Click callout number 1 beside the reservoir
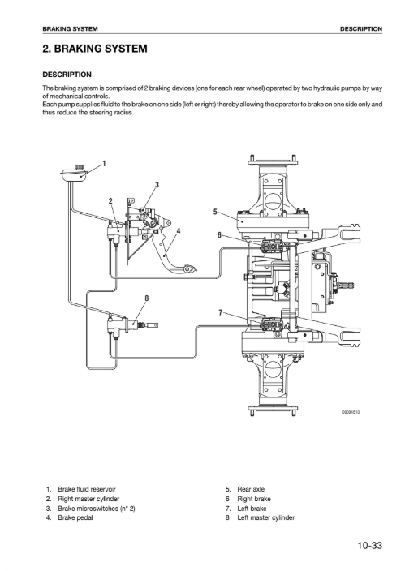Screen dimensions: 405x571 pyautogui.click(x=104, y=164)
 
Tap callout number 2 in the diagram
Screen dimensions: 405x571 pyautogui.click(x=110, y=201)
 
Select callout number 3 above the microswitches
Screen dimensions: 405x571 pyautogui.click(x=157, y=185)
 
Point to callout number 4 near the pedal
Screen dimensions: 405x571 pyautogui.click(x=179, y=231)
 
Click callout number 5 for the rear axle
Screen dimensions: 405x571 pyautogui.click(x=215, y=212)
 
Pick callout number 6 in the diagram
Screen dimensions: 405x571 pyautogui.click(x=219, y=235)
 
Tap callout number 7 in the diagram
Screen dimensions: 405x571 pyautogui.click(x=221, y=312)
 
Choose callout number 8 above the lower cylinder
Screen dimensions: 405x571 pyautogui.click(x=147, y=298)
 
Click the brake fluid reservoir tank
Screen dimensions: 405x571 pyautogui.click(x=73, y=174)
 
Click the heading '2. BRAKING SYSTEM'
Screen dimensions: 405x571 pyautogui.click(x=95, y=49)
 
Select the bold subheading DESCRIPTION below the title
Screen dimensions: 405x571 pyautogui.click(x=67, y=75)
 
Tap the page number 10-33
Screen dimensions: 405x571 pyautogui.click(x=369, y=545)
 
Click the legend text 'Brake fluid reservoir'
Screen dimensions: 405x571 pyautogui.click(x=87, y=489)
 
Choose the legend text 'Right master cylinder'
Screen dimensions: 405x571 pyautogui.click(x=88, y=499)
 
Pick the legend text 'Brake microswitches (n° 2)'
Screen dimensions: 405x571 pyautogui.click(x=97, y=509)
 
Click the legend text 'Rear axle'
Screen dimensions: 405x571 pyautogui.click(x=251, y=489)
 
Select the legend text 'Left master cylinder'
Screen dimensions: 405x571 pyautogui.click(x=265, y=517)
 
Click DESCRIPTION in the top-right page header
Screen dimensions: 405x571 pyautogui.click(x=361, y=28)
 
